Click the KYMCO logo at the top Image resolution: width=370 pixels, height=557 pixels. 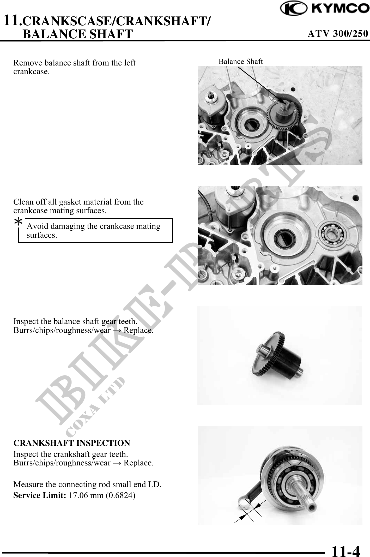click(325, 8)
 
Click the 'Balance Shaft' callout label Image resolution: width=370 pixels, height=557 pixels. click(241, 62)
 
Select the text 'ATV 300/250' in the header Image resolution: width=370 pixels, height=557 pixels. click(338, 34)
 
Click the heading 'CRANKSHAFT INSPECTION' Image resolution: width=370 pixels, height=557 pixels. click(72, 443)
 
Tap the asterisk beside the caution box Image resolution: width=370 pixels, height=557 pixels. click(18, 222)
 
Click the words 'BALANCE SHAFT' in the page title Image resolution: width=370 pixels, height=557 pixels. click(78, 34)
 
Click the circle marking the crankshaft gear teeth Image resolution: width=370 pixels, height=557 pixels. click(295, 457)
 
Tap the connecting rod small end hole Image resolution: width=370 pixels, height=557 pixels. click(244, 503)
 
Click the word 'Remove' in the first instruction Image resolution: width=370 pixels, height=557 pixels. click(28, 63)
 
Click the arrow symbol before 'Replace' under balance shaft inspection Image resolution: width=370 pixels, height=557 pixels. click(117, 330)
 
